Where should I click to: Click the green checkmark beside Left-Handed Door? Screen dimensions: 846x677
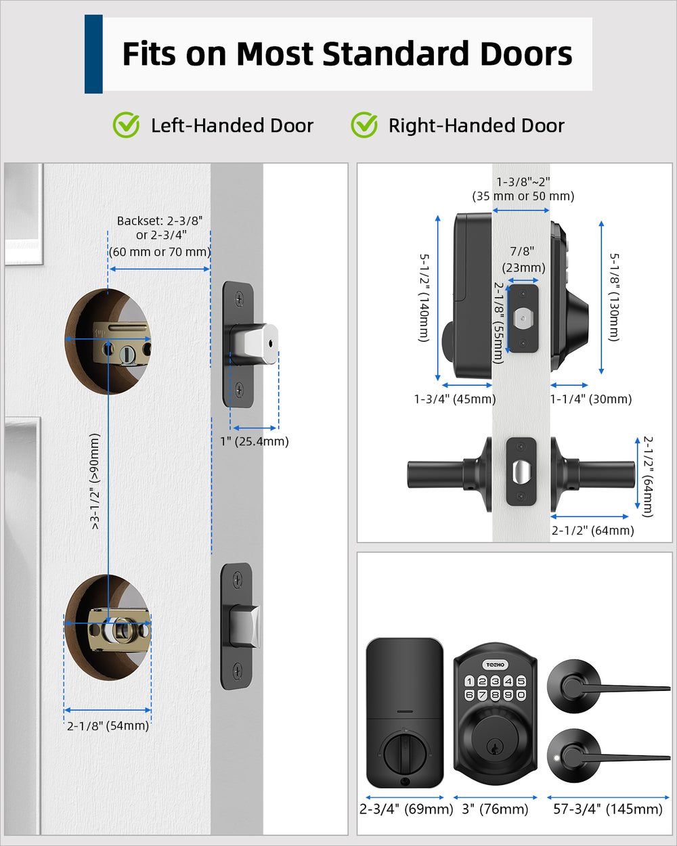point(126,125)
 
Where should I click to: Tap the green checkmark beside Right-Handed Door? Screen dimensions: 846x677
point(364,125)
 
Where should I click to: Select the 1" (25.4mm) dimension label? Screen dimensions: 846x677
point(254,441)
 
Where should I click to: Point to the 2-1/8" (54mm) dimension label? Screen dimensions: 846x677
point(108,726)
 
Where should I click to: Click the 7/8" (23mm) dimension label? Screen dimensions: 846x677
point(523,260)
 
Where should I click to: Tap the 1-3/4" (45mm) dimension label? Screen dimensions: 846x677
point(455,399)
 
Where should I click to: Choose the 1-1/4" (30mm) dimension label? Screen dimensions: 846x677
point(591,399)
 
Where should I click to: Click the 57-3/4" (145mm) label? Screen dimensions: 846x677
point(607,809)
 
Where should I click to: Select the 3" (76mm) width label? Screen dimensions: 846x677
point(495,809)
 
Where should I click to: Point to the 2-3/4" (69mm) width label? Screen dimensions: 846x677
point(406,809)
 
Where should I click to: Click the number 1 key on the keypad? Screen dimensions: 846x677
point(469,682)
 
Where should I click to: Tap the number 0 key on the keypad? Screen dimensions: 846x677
point(521,695)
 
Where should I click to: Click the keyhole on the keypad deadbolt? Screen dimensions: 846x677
point(495,747)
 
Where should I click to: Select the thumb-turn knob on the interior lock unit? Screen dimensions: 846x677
point(404,750)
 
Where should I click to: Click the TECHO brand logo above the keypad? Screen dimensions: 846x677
point(495,665)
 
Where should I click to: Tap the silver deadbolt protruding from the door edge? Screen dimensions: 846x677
point(257,344)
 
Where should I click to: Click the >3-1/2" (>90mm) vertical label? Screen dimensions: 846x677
point(95,481)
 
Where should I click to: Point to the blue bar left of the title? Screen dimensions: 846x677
point(93,54)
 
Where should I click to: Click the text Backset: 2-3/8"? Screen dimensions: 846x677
point(160,221)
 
